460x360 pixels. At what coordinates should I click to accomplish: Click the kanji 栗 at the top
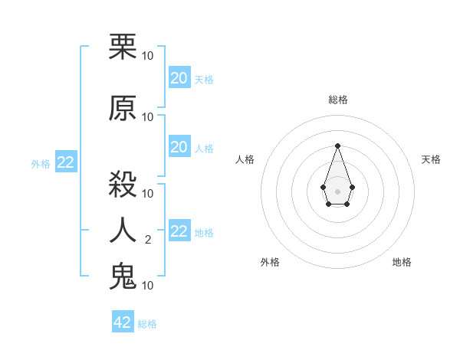[123, 47]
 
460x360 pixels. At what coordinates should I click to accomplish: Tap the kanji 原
[123, 109]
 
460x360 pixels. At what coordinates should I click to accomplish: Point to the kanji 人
[123, 231]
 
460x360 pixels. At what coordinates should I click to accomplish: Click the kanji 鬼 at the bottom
[123, 277]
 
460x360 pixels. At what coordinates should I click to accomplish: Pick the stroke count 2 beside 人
[148, 240]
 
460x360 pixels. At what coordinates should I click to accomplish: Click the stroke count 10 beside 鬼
[148, 286]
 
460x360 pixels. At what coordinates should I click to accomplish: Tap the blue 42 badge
[123, 322]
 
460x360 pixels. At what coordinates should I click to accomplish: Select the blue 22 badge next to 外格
[66, 162]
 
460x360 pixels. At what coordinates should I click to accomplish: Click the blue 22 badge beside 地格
[179, 231]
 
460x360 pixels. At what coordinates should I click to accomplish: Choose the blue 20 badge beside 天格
[179, 78]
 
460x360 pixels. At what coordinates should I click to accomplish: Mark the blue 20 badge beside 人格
[179, 147]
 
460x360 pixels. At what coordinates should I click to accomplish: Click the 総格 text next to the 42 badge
[147, 324]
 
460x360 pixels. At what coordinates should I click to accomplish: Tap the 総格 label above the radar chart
[337, 100]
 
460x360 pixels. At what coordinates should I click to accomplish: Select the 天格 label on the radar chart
[431, 159]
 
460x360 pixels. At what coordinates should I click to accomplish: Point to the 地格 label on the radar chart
[402, 262]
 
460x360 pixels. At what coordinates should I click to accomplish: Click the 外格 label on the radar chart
[270, 262]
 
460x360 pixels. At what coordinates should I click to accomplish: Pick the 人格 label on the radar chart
[245, 159]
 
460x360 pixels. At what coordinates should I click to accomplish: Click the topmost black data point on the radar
[337, 145]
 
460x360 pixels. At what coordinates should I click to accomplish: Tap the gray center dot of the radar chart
[337, 191]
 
